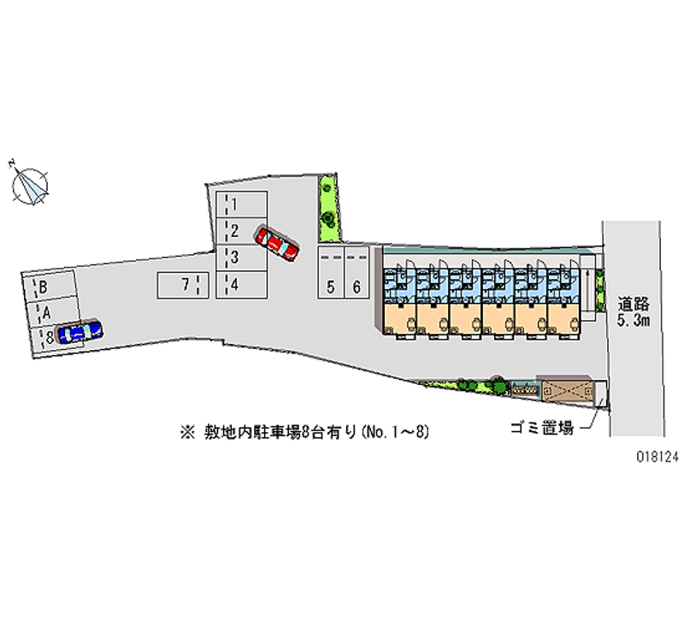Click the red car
(276, 243)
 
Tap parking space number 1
(242, 204)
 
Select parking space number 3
(242, 258)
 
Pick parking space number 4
(242, 285)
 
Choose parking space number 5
(331, 272)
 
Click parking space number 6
(357, 272)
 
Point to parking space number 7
(183, 286)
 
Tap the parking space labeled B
(50, 286)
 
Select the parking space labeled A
(52, 312)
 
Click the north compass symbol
(29, 185)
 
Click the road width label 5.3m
(634, 320)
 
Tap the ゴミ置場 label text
(542, 428)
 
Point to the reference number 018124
(658, 457)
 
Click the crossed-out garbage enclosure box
(568, 390)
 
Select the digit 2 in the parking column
(234, 231)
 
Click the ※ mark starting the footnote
(187, 432)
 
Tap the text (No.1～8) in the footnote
(395, 432)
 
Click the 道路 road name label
(634, 304)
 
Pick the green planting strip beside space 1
(329, 208)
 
